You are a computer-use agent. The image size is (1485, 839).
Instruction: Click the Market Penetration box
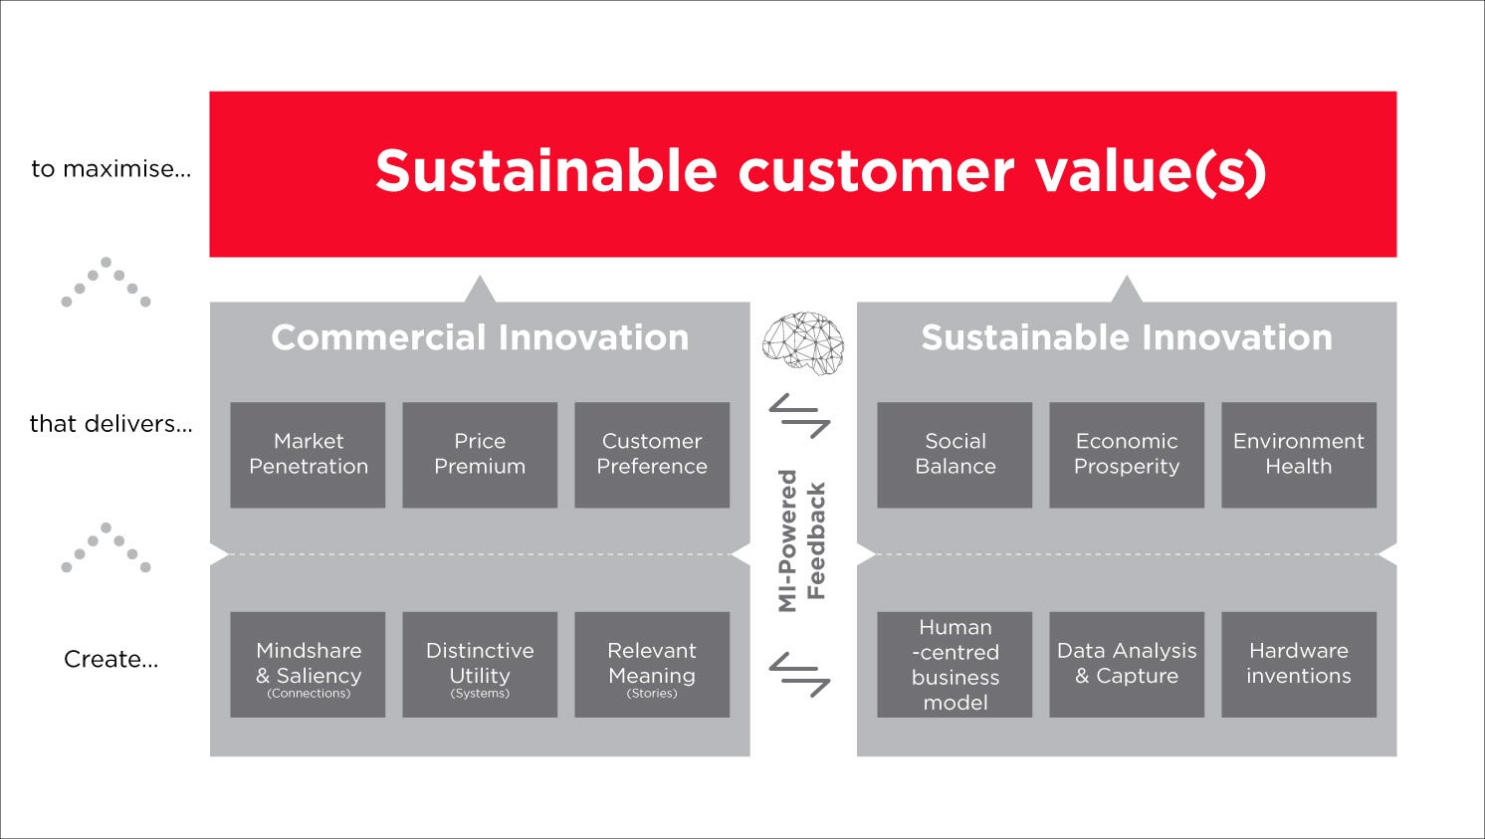pos(308,455)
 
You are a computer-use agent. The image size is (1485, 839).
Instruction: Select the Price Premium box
pos(480,455)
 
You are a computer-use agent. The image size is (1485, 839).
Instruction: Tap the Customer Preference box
pos(652,455)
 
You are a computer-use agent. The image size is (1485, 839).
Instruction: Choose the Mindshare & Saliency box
pos(308,664)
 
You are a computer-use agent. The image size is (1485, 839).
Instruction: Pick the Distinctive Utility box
pos(480,664)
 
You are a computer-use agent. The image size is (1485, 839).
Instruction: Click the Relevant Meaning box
pos(652,664)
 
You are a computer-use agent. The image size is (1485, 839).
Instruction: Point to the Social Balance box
pos(955,455)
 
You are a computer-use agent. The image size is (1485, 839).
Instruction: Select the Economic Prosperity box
pos(1127,455)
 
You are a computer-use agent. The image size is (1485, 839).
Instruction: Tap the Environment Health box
pos(1300,455)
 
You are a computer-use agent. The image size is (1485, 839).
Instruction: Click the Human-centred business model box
pos(955,664)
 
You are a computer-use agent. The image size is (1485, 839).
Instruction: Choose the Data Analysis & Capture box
pos(1127,664)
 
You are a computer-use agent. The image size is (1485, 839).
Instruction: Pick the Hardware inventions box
pos(1300,664)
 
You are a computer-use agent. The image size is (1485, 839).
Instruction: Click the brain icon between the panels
pos(803,343)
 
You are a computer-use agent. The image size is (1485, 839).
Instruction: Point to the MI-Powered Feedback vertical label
pos(802,540)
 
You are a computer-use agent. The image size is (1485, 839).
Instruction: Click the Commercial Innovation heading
pos(480,337)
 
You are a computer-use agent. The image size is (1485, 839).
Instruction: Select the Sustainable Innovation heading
pos(1127,337)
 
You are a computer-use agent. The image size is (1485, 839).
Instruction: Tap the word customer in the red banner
pos(876,171)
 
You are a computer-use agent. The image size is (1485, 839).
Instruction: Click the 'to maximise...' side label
pos(110,169)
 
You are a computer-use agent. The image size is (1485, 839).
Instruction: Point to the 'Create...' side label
pos(110,659)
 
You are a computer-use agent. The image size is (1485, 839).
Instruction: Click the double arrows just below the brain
pos(799,416)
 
